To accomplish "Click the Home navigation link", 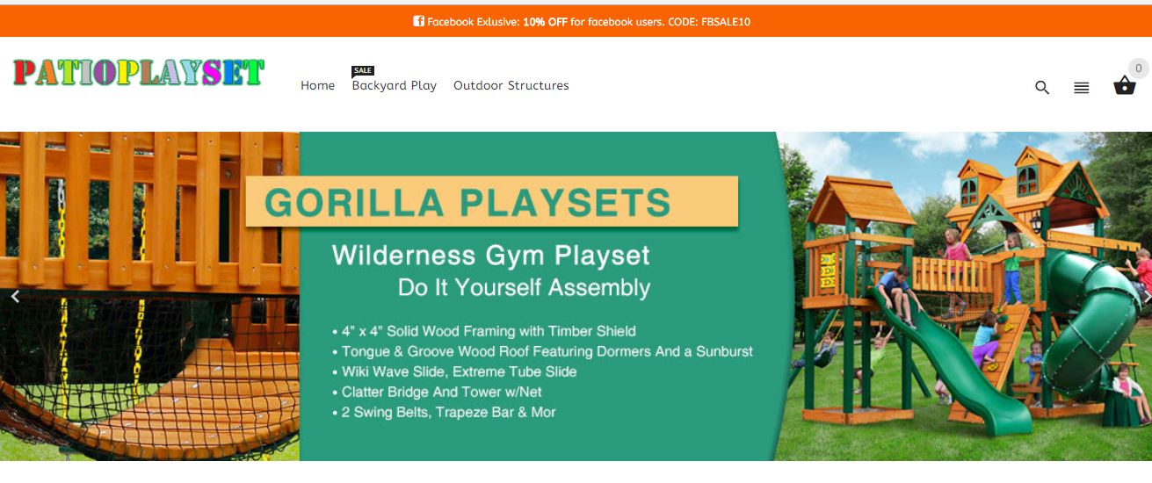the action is pos(317,85).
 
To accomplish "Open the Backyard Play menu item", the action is pos(394,86).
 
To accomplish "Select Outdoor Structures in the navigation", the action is pos(511,85).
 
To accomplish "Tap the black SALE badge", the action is pos(363,70).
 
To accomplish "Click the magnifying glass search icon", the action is pos(1042,87).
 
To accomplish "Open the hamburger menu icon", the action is pos(1082,88).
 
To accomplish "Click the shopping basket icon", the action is pos(1125,86).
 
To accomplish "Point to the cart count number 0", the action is pos(1139,68).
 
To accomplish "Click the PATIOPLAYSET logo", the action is pos(139,72).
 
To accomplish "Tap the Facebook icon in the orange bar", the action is pos(418,21).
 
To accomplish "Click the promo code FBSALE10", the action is pos(726,22).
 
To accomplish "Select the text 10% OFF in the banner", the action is pos(545,22).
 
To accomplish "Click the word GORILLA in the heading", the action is pos(354,203).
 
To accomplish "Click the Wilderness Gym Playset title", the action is pos(490,256).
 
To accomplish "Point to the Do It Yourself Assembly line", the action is pos(524,287).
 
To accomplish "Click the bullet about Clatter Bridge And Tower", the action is pos(437,392).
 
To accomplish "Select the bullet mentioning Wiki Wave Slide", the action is pos(454,371).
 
